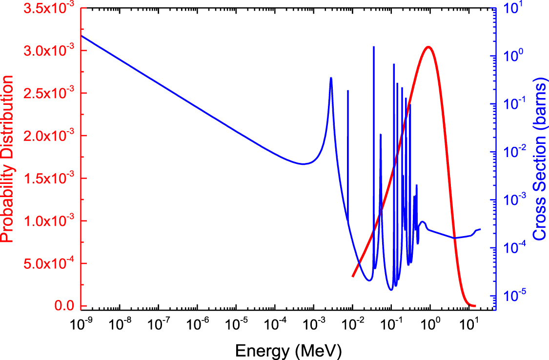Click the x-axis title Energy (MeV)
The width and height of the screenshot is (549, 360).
click(x=288, y=350)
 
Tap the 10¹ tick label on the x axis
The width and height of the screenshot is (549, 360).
click(x=468, y=323)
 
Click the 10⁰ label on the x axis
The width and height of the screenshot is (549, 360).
click(x=430, y=323)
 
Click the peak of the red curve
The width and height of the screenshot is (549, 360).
click(x=428, y=47)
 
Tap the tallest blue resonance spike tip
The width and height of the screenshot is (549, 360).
click(x=374, y=47)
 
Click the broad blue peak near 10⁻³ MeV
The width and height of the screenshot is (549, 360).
click(x=331, y=78)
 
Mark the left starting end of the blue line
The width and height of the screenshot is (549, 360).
click(x=81, y=36)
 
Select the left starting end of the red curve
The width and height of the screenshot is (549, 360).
click(x=353, y=277)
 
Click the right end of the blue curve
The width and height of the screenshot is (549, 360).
click(x=480, y=229)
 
